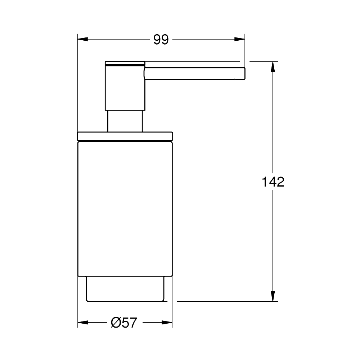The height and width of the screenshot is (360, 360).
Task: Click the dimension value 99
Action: coord(161,40)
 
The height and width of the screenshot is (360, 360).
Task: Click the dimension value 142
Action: coord(273,182)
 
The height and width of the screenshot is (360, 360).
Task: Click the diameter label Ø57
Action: coord(124,323)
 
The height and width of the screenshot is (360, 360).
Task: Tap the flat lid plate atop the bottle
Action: coord(125,136)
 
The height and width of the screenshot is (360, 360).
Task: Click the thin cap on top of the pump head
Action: coord(125,63)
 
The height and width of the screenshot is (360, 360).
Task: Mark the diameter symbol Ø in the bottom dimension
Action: coord(116,323)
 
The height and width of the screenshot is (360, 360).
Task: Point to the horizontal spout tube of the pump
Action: coord(194,73)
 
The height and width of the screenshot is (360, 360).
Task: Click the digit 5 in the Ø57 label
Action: coord(125,323)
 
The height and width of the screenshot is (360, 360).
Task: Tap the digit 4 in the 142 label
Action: coord(273,182)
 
